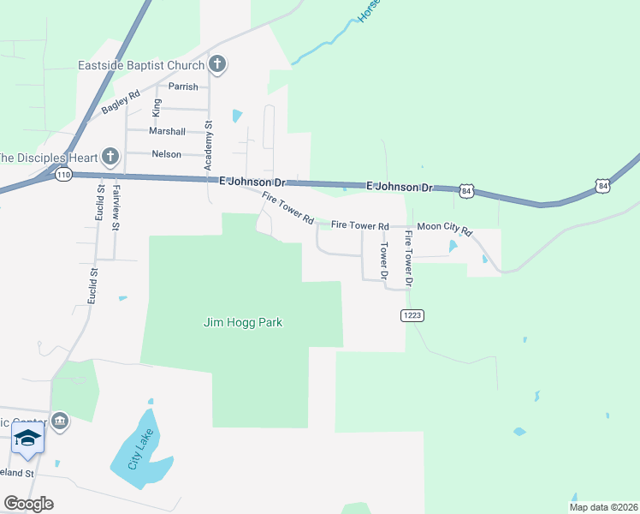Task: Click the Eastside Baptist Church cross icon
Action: pyautogui.click(x=218, y=64)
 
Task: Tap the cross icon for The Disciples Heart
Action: pyautogui.click(x=110, y=156)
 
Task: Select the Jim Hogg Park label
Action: pyautogui.click(x=243, y=323)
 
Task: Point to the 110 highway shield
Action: pyautogui.click(x=62, y=175)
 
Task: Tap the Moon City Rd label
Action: pyautogui.click(x=444, y=230)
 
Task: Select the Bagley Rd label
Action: pyautogui.click(x=120, y=103)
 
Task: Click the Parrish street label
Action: pyautogui.click(x=183, y=87)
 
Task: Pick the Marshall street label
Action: pyautogui.click(x=167, y=131)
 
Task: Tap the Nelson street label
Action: pyautogui.click(x=166, y=154)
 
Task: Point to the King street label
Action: pyautogui.click(x=156, y=107)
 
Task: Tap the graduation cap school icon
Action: pyautogui.click(x=27, y=439)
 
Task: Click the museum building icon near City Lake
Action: pyautogui.click(x=60, y=421)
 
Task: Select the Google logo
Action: pyautogui.click(x=28, y=504)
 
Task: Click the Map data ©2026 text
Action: pyautogui.click(x=602, y=507)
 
